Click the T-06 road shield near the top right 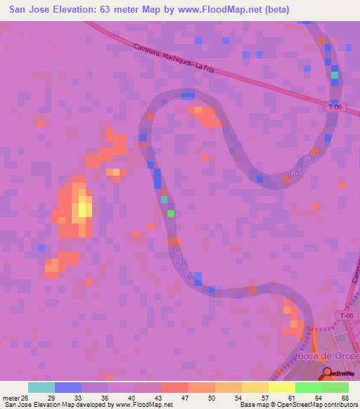pos(337,105)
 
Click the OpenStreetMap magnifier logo pos(326,374)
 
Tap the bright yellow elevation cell pos(84,209)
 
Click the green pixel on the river pos(171,213)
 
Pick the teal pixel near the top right pos(335,75)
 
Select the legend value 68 pos(344,398)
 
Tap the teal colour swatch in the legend pos(41,387)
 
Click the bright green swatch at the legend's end pos(335,387)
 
